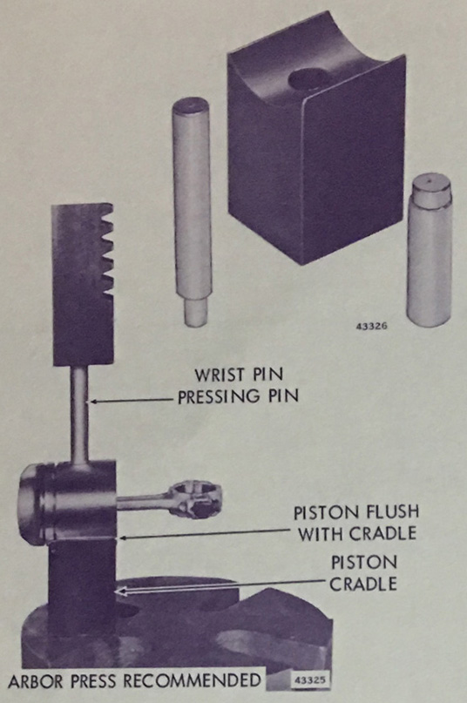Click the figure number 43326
[371, 326]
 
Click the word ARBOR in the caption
[35, 680]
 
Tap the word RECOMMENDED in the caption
[192, 680]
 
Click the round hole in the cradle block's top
[308, 79]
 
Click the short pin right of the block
[430, 250]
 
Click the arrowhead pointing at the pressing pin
[93, 402]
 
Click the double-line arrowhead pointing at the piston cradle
[119, 591]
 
